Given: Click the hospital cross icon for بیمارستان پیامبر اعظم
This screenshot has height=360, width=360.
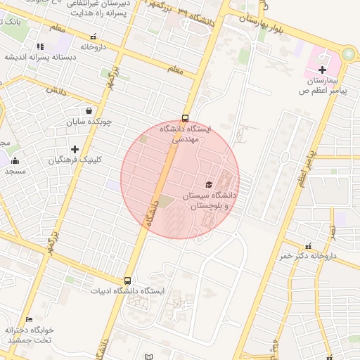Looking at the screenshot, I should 322,69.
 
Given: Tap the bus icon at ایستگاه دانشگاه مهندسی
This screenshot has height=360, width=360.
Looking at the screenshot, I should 185,118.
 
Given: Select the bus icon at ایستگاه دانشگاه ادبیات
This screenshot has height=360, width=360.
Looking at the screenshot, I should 127,281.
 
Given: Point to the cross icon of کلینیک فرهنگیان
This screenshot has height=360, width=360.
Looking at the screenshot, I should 75,149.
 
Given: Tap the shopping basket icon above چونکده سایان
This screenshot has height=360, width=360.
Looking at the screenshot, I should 89,110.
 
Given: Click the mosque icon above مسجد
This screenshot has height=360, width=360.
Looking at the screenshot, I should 15,160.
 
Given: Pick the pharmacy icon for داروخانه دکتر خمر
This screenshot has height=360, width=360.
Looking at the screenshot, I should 308,245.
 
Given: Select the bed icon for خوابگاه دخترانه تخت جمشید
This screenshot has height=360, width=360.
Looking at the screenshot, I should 29,320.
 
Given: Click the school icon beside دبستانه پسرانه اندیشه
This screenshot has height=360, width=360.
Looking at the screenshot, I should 40,46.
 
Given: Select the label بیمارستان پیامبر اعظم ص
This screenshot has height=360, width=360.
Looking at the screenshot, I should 323,86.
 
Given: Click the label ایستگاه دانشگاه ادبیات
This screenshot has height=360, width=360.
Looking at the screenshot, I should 127,291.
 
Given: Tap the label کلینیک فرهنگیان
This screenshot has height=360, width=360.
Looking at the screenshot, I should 75,160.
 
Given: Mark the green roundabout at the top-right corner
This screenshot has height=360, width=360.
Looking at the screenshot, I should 349,55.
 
